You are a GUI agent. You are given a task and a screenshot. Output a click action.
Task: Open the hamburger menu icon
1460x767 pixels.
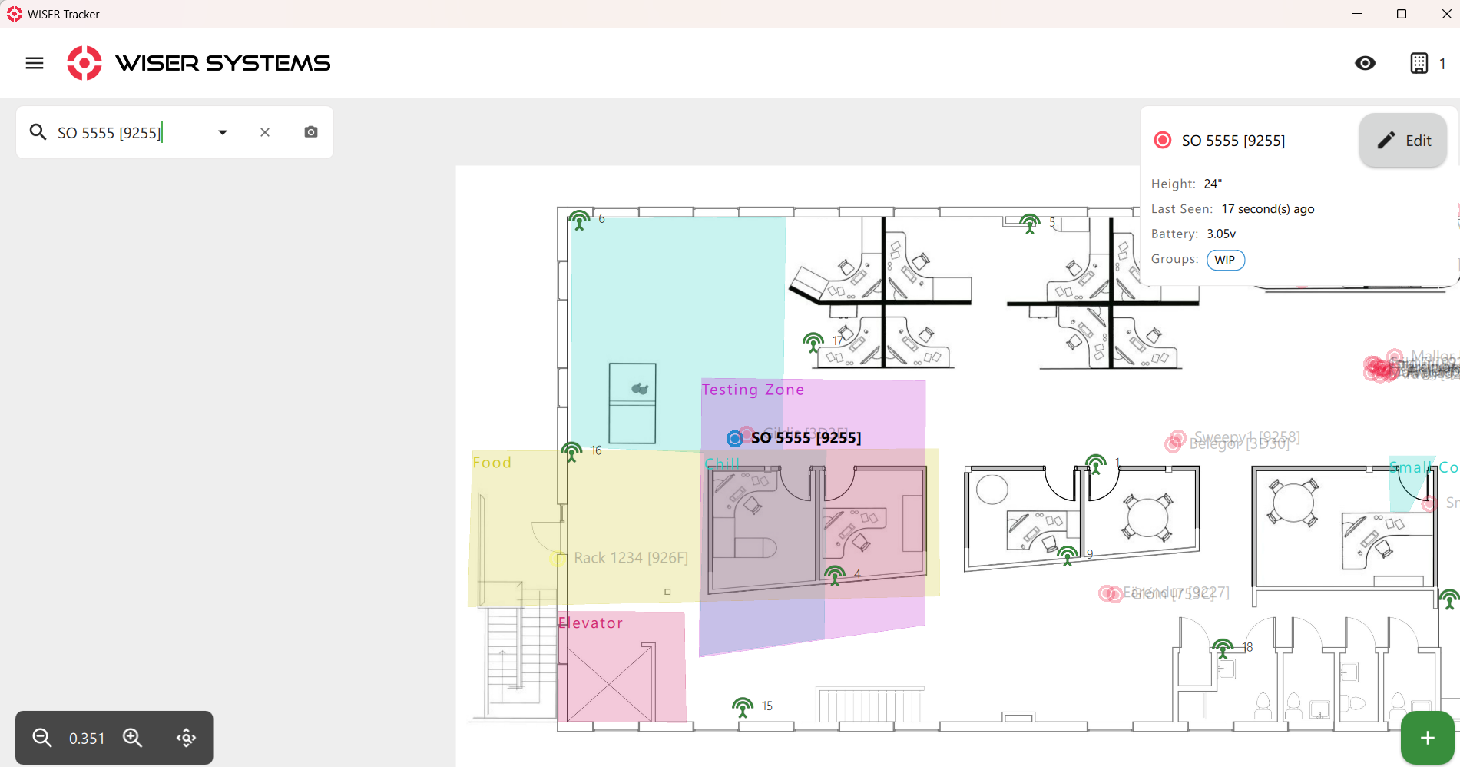click(x=35, y=63)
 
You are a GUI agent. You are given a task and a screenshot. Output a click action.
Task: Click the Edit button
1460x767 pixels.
click(x=1403, y=141)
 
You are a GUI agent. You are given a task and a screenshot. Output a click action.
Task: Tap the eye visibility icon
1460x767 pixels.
click(x=1365, y=63)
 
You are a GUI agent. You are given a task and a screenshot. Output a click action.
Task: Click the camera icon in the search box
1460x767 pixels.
click(x=311, y=132)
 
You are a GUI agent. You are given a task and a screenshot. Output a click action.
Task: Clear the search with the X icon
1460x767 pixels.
click(x=265, y=132)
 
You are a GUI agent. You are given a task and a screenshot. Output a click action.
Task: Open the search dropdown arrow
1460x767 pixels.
click(x=223, y=132)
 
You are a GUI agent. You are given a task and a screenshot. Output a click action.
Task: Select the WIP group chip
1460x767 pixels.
click(x=1225, y=260)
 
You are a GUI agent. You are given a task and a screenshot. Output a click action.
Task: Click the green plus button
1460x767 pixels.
click(x=1427, y=738)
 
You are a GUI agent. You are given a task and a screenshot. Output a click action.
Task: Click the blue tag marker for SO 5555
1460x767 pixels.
click(x=735, y=438)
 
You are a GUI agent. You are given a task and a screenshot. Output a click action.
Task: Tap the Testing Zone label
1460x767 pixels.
click(x=753, y=390)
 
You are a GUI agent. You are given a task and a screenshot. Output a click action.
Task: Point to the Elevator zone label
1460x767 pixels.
click(x=591, y=623)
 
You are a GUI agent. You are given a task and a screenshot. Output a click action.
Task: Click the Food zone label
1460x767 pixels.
click(x=492, y=463)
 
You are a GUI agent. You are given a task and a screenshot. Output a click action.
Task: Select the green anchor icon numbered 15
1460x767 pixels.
click(x=743, y=706)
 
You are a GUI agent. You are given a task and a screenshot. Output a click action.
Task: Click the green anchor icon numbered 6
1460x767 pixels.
click(x=580, y=220)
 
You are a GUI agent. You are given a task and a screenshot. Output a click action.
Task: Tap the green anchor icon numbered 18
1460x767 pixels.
click(x=1223, y=648)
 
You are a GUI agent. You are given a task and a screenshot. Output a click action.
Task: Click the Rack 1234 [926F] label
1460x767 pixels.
click(x=631, y=558)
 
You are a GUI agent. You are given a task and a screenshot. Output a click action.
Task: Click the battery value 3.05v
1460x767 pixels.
click(x=1221, y=234)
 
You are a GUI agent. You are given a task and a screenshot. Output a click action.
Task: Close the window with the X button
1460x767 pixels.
click(x=1446, y=14)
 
